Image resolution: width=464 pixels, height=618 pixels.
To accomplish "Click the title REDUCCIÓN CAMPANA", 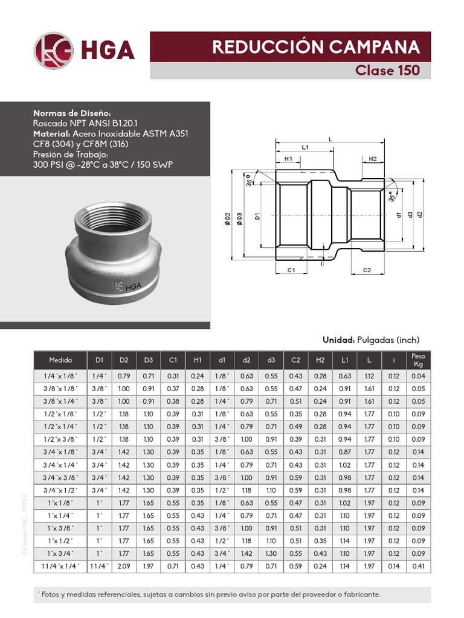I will click(315, 47).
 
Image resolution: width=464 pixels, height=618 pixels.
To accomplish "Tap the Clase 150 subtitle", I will click(387, 71).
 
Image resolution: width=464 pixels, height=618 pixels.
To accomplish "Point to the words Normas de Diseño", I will click(72, 113).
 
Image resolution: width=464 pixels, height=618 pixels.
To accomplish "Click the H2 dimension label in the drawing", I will click(372, 159).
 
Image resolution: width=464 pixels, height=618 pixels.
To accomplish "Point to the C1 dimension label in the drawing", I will click(290, 270).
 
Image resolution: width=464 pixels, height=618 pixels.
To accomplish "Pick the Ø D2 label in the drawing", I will click(228, 218).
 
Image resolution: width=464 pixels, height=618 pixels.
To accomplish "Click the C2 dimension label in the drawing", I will click(367, 270).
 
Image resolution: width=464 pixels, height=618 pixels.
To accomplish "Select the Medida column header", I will click(60, 360).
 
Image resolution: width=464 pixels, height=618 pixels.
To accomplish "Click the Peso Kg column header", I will click(418, 360).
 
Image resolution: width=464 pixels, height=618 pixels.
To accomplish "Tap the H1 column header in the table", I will click(198, 360).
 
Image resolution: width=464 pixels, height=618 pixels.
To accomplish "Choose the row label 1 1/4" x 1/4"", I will click(60, 566).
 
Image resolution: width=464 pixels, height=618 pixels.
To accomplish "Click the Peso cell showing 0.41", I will click(418, 566).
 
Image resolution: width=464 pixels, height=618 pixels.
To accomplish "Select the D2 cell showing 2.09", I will click(124, 566).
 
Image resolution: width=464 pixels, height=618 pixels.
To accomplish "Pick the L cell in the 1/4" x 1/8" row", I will click(369, 376).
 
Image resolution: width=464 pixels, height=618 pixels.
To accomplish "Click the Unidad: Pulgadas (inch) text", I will click(370, 340).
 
